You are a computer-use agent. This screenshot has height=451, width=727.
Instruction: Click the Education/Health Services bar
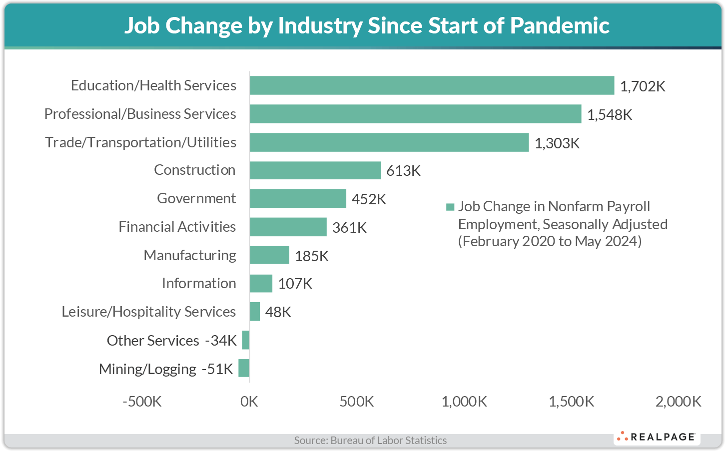point(432,85)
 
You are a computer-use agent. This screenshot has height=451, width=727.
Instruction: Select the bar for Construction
point(315,170)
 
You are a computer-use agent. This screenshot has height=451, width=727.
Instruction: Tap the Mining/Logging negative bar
point(244,368)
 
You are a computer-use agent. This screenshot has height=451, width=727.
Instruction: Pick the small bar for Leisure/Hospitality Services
point(255,312)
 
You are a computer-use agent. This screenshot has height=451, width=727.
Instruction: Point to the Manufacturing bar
point(269,255)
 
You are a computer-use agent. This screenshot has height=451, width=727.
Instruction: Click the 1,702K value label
point(643,86)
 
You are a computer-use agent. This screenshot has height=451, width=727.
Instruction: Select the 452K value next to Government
point(369,199)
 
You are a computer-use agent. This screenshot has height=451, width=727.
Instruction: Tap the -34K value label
point(221,341)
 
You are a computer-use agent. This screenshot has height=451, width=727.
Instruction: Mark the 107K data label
point(295,284)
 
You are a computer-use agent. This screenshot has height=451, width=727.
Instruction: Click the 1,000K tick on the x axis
point(464,402)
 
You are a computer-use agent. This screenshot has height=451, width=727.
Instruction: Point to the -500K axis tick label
point(142,402)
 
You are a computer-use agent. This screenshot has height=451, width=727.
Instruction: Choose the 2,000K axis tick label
point(679,402)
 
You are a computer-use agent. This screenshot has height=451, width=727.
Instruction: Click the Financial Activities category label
point(177,227)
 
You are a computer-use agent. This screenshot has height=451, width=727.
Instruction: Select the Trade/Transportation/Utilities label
point(140,142)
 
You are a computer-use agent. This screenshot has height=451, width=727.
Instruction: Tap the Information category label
point(199,283)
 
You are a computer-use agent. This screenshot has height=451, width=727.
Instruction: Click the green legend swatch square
point(450,207)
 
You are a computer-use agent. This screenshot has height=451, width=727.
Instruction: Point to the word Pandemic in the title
point(560,25)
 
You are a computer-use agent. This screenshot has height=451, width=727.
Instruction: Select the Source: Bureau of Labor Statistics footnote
point(370,441)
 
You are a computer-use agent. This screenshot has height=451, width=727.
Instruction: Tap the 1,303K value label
point(557,143)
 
